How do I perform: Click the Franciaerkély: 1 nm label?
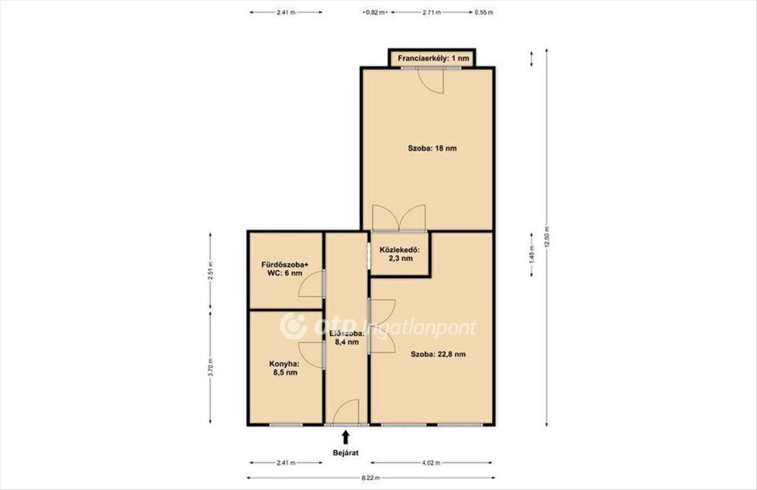(433, 58)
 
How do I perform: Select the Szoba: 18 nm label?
(432, 148)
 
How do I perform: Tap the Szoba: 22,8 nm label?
(438, 354)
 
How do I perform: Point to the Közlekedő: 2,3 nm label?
(400, 254)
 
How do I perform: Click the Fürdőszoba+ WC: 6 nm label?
(285, 269)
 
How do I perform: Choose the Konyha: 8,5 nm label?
(285, 368)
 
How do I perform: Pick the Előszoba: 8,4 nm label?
(347, 337)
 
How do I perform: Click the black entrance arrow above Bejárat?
(346, 437)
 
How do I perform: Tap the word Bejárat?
(346, 453)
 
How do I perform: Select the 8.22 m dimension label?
(371, 478)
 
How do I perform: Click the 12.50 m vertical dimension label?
(547, 236)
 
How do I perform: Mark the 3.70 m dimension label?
(210, 366)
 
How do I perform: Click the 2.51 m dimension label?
(210, 271)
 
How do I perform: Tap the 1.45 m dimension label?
(532, 255)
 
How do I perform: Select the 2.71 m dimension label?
(431, 13)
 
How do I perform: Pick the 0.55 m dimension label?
(484, 13)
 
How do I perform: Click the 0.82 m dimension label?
(375, 13)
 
